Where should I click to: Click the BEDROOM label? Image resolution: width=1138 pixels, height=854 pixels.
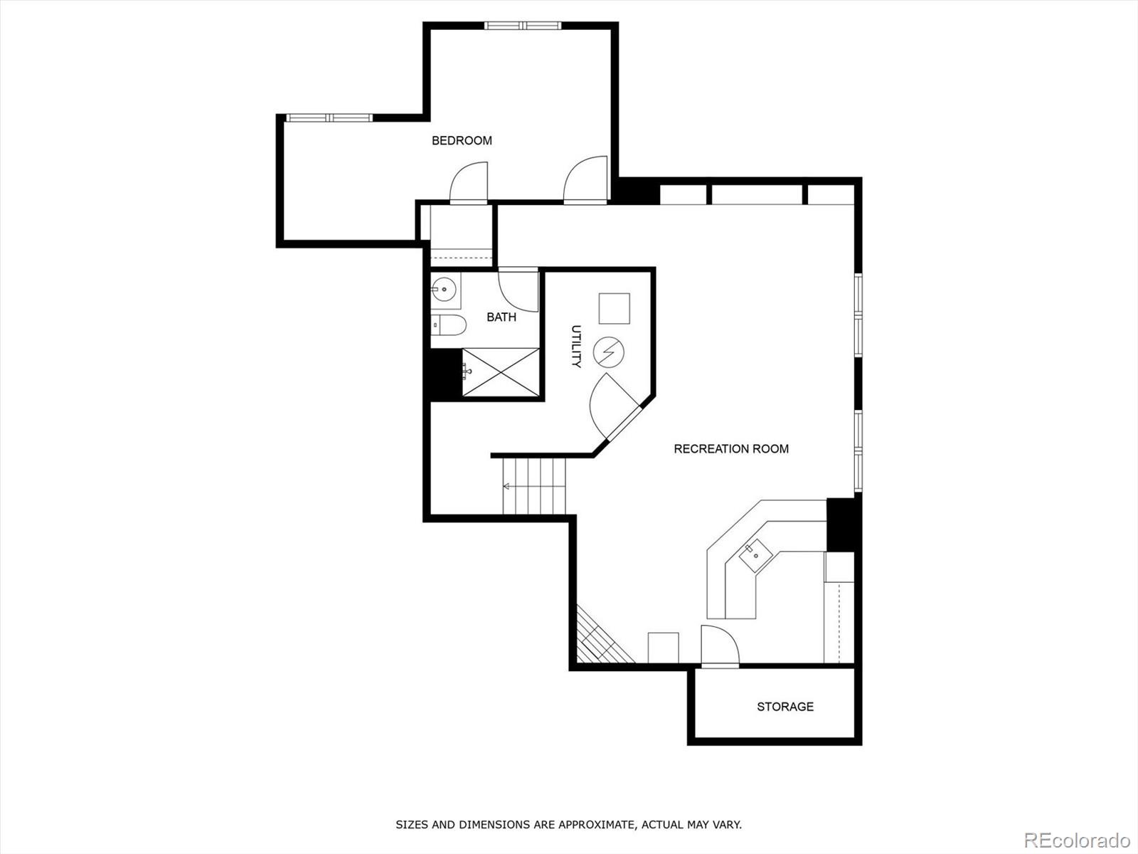point(462,141)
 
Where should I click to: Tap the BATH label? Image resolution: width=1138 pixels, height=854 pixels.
point(501,317)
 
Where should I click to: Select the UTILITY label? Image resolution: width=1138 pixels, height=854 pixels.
point(576,347)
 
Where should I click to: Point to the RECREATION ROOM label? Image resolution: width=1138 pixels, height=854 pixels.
point(731,449)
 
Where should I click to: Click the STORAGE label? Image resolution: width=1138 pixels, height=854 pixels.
point(785,707)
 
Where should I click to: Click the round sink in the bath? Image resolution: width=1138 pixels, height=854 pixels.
point(445,290)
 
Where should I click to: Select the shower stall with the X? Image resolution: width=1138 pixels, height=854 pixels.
point(501,371)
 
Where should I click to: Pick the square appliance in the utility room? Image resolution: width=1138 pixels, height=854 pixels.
point(614,308)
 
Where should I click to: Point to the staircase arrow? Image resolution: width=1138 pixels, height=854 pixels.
point(508,487)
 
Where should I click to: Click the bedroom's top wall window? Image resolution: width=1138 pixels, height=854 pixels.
point(523,26)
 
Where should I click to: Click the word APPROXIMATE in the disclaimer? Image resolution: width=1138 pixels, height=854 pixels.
point(595,825)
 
